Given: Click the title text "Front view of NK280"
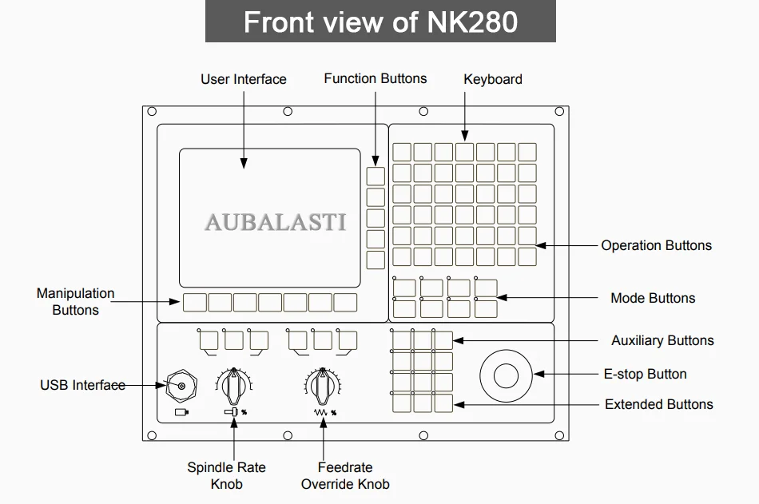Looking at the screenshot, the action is tap(380, 22).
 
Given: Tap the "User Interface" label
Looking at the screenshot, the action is tap(244, 79).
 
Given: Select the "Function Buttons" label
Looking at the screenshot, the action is tap(376, 78).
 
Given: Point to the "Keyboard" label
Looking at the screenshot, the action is tap(493, 79).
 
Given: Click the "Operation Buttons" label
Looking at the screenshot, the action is tap(657, 245).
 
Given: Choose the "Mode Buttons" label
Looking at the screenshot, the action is tap(653, 298).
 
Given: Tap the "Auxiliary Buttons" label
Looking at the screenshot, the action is tap(662, 340).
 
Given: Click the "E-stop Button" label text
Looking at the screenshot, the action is tap(646, 374).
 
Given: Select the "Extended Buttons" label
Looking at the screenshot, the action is tap(659, 404).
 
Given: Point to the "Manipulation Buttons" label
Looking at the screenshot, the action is tap(76, 302).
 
